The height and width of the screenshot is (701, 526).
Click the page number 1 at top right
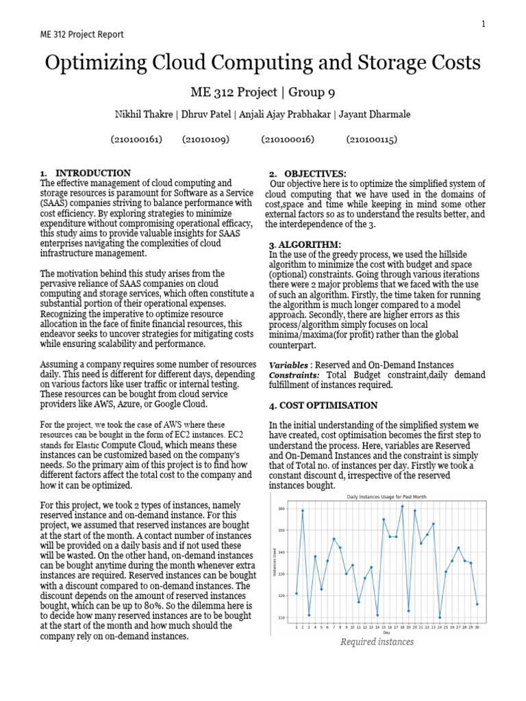point(483,24)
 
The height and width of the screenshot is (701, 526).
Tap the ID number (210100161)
point(136,139)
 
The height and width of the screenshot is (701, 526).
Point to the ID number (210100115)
point(371,139)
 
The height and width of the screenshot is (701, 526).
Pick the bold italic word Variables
point(288,366)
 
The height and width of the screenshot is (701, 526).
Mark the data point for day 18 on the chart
point(402,507)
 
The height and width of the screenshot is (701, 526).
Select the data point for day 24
point(440,617)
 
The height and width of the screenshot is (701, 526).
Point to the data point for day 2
point(302,511)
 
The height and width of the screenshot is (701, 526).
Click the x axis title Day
point(387,633)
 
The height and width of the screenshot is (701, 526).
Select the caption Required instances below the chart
point(377,642)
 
